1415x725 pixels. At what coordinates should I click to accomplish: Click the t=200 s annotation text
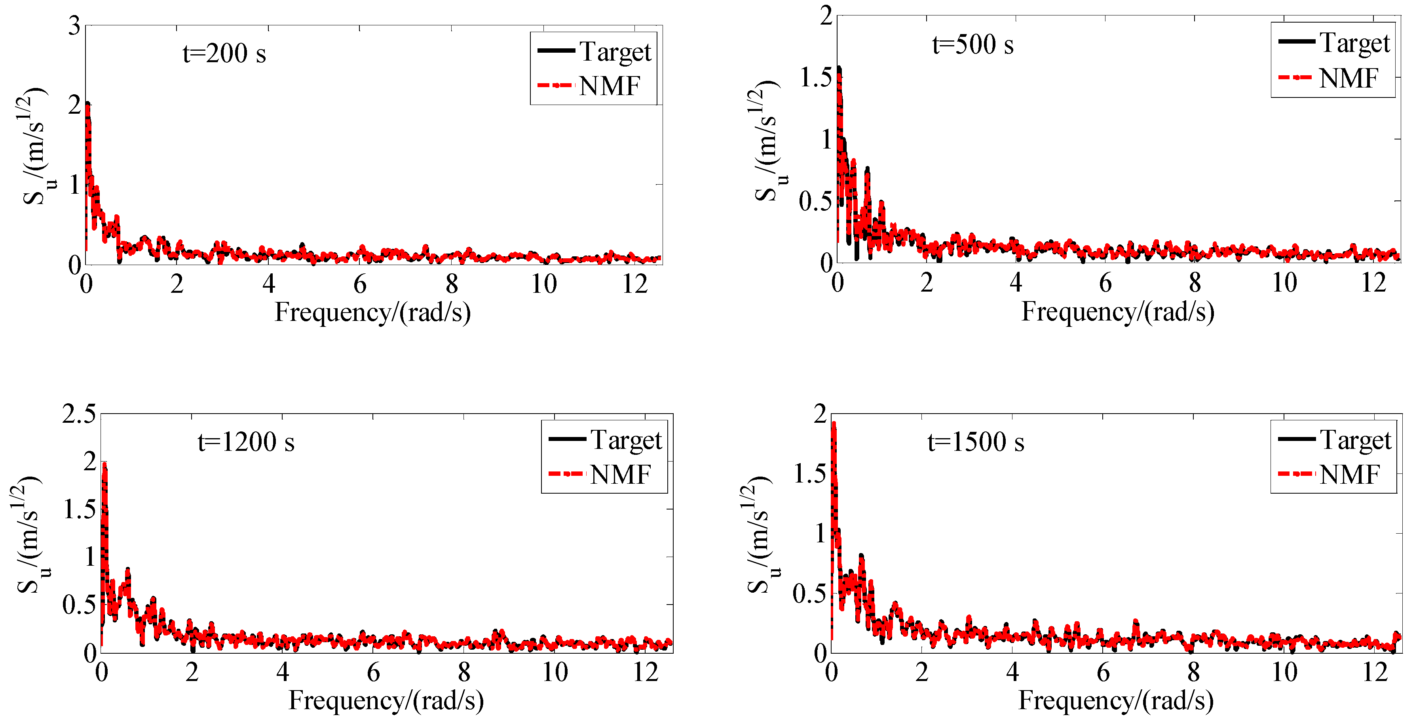224,54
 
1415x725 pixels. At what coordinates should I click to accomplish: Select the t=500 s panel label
973,44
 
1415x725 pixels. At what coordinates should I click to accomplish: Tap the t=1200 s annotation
246,442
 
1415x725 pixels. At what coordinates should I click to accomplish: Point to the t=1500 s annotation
976,442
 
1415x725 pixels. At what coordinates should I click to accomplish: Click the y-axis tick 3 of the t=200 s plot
74,26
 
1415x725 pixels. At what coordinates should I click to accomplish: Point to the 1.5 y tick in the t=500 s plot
815,78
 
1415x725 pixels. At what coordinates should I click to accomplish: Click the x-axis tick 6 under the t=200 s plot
360,284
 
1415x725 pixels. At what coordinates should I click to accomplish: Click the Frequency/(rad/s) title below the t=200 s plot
372,312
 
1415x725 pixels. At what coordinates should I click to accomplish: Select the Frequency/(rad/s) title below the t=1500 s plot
1116,700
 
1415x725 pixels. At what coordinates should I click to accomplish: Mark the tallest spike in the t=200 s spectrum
88,105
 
